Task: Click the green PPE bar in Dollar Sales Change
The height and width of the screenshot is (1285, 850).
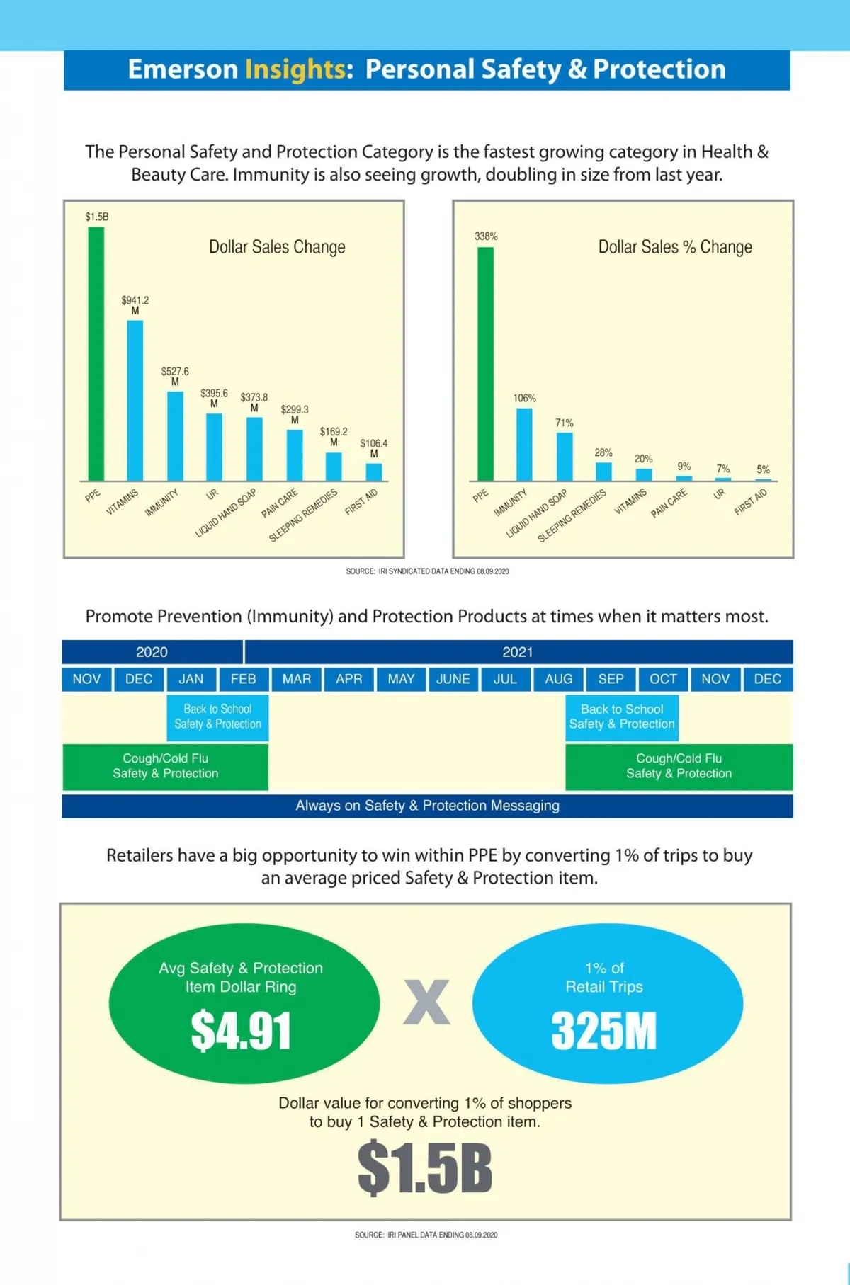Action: point(96,354)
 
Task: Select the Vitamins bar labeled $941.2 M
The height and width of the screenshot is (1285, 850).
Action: point(135,400)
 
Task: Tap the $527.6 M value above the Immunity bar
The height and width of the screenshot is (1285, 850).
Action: point(175,375)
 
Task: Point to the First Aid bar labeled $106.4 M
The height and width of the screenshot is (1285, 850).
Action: point(373,472)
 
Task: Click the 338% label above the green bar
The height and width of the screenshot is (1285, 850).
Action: point(486,236)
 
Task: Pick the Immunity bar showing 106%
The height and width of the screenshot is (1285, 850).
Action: point(524,445)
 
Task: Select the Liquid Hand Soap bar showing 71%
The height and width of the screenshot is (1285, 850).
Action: point(565,457)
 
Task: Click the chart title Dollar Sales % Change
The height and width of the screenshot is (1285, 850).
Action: point(675,247)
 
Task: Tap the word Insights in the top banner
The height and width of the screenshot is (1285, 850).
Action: point(295,69)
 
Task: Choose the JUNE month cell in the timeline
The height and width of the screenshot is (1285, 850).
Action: point(453,679)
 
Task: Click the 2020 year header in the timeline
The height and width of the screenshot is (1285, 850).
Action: point(152,652)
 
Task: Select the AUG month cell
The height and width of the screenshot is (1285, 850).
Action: point(558,679)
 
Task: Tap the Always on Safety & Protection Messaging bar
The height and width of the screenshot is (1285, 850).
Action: point(427,806)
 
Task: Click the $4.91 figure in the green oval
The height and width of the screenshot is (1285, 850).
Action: point(241,1031)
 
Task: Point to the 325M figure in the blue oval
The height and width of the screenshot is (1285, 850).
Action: point(604,1031)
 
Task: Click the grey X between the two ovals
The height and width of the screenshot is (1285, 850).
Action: point(426,1003)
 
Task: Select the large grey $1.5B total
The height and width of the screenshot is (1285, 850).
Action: point(425,1168)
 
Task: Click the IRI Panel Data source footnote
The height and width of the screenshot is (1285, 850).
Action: point(426,1235)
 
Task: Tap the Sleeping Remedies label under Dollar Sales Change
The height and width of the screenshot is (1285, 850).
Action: point(303,515)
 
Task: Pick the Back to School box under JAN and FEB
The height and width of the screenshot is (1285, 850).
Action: point(217,716)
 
